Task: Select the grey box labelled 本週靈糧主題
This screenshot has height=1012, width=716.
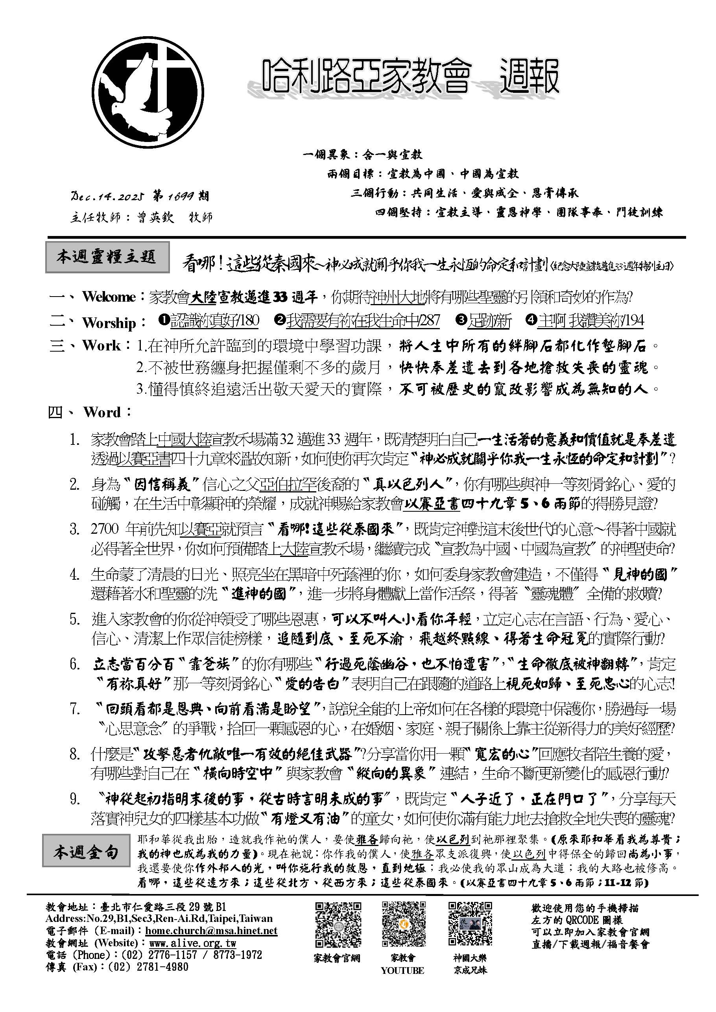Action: tap(107, 257)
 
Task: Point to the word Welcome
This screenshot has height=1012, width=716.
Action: tap(109, 297)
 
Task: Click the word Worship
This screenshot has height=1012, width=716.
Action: tap(109, 323)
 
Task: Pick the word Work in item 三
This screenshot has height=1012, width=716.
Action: tap(101, 346)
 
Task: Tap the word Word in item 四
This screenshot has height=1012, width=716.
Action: tap(102, 413)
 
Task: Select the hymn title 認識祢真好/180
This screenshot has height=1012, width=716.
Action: tap(215, 321)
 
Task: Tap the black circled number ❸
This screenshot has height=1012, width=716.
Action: tap(461, 321)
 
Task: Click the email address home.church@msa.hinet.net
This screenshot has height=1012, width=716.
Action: tap(211, 931)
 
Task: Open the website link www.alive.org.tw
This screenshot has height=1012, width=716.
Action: tap(193, 943)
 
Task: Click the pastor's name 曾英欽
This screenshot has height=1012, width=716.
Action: tap(155, 217)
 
